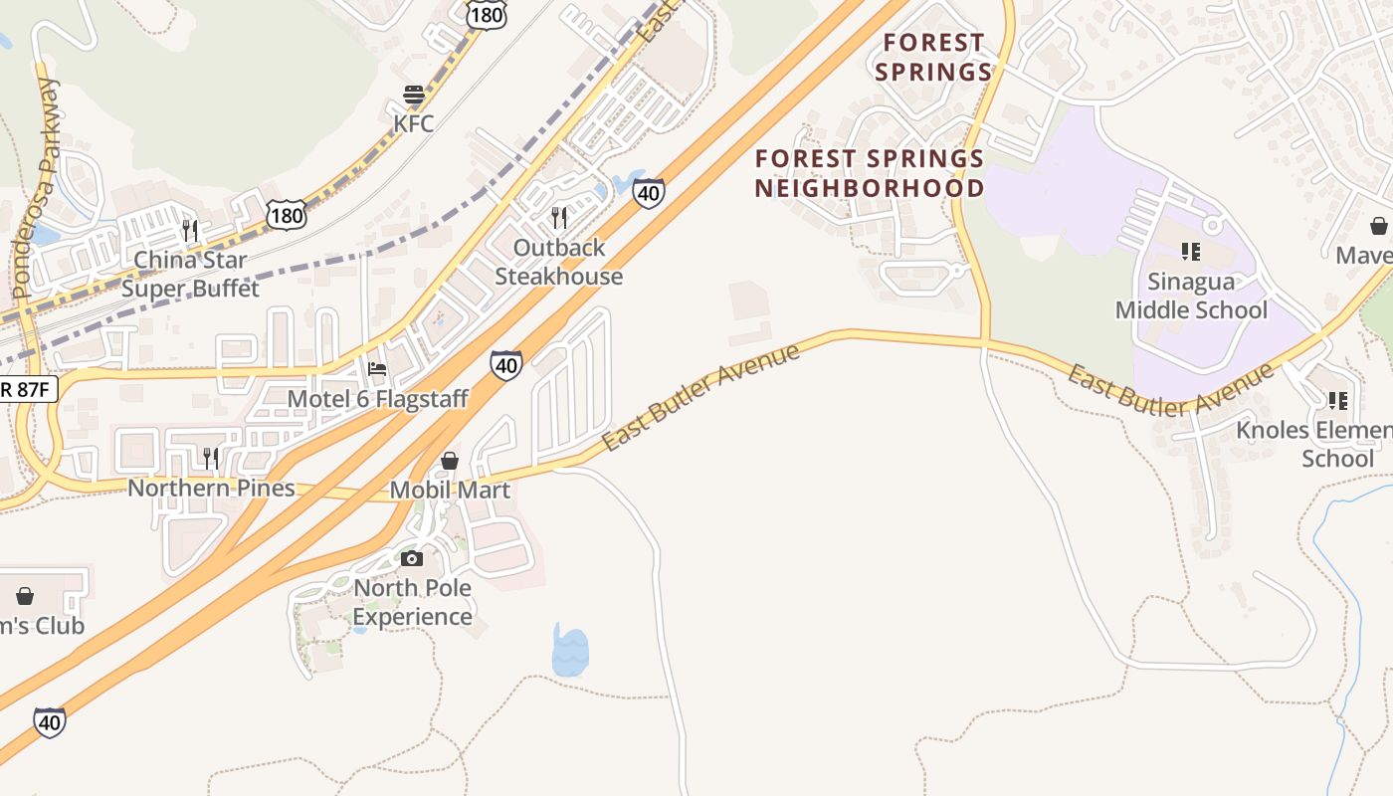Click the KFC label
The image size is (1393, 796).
[x=414, y=123]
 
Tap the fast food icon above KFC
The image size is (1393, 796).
[x=414, y=96]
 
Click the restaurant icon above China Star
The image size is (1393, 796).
[x=190, y=231]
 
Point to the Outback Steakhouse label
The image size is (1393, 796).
[x=559, y=262]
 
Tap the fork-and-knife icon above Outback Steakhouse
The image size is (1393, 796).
[x=559, y=217]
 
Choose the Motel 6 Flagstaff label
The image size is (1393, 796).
[x=377, y=399]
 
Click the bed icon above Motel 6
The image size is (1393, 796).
[x=377, y=369]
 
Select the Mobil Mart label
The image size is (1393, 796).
[x=450, y=490]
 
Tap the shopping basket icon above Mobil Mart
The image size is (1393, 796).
[x=450, y=461]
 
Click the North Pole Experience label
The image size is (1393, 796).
[x=412, y=602]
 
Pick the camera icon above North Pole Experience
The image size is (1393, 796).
[x=412, y=559]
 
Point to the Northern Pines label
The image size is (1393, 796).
[x=211, y=488]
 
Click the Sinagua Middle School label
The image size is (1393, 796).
[x=1191, y=296]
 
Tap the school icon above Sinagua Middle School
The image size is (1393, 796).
[x=1191, y=252]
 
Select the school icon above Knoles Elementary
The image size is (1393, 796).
[x=1338, y=401]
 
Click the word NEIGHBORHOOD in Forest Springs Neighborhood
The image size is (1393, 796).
[x=869, y=188]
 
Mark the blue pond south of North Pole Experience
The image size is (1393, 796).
[x=570, y=651]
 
